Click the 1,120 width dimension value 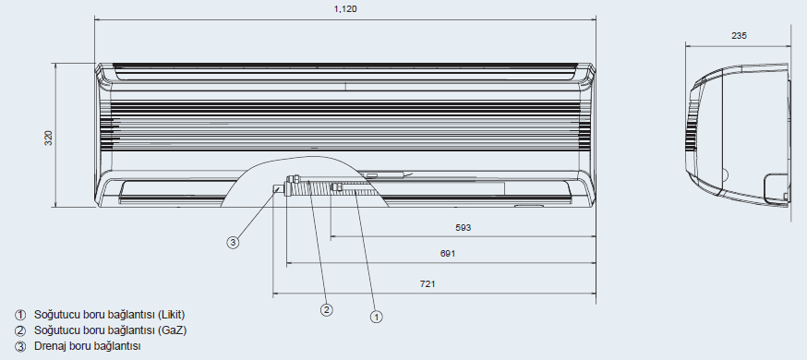point(345,8)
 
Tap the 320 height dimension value point(48,138)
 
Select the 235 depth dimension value point(739,35)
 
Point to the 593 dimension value point(464,227)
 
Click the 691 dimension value point(448,253)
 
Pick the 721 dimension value point(428,284)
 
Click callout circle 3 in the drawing point(234,242)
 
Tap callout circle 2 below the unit point(326,309)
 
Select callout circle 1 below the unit point(377,317)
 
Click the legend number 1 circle point(20,315)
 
